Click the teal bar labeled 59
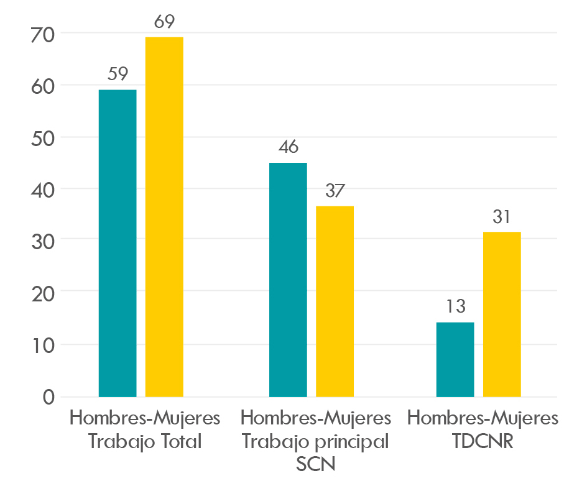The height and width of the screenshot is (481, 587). tap(118, 243)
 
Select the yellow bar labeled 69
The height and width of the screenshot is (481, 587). tap(164, 217)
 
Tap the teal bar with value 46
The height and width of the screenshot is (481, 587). tap(288, 280)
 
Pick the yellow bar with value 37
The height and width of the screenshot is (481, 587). tap(335, 301)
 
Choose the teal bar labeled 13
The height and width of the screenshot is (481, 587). tap(455, 359)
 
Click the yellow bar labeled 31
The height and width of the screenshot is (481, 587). tap(502, 314)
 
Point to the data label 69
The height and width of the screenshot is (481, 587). tap(164, 22)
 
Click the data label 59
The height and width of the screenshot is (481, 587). tap(118, 75)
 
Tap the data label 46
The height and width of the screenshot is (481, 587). tap(288, 147)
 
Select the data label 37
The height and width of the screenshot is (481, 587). tap(335, 191)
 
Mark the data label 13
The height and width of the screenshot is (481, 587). tap(455, 307)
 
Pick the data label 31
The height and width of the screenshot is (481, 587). tap(502, 217)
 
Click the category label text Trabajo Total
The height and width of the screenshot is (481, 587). tap(145, 442)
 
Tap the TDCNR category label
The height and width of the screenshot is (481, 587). tap(483, 442)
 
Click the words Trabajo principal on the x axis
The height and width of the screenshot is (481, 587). tap(315, 442)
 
